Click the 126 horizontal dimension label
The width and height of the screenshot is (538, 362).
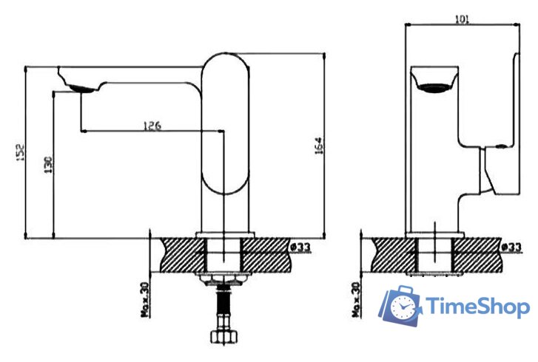152,126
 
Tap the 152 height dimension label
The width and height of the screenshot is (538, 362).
20,153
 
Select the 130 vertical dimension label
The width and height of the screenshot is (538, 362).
48,165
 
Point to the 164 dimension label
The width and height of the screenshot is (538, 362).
319,146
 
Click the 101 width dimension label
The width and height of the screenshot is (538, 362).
462,19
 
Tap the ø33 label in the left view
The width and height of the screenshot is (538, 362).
300,247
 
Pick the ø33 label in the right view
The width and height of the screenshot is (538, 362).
511,247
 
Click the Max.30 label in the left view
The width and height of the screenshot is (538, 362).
146,300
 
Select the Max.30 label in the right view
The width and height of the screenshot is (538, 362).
357,300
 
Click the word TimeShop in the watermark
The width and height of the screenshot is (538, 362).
477,306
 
